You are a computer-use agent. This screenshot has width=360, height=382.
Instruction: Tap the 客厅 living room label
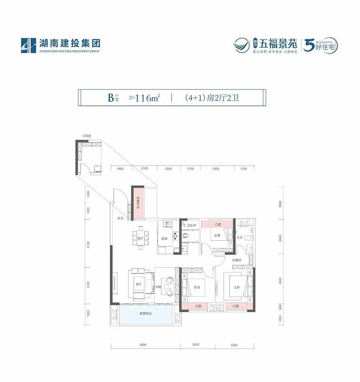coord(138,284)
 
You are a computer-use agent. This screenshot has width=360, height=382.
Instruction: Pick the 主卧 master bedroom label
coord(236,287)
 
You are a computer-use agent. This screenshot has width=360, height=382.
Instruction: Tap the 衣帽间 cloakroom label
coord(236,260)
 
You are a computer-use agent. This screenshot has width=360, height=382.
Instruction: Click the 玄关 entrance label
coord(120,219)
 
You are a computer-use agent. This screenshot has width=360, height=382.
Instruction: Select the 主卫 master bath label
coord(239,237)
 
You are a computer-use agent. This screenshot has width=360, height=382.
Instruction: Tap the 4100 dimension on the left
coord(88,245)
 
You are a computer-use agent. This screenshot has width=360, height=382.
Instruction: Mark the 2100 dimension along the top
coord(144,168)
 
